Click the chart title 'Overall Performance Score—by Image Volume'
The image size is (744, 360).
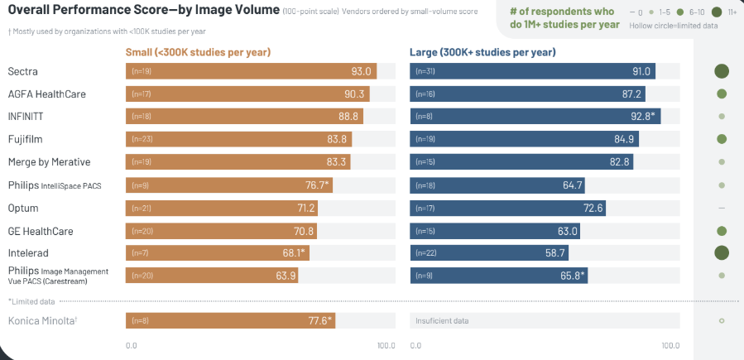141,12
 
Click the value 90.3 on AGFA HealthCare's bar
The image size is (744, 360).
356,94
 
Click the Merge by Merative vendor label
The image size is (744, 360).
49,161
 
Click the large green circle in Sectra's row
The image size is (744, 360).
722,71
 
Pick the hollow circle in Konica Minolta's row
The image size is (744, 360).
722,320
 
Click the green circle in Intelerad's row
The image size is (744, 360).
722,252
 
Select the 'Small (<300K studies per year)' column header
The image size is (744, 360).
199,52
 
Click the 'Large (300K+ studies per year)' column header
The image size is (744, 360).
482,52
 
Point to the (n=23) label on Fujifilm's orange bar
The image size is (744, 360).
140,139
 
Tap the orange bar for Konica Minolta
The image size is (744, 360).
230,320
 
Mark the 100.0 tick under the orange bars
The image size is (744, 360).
386,345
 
